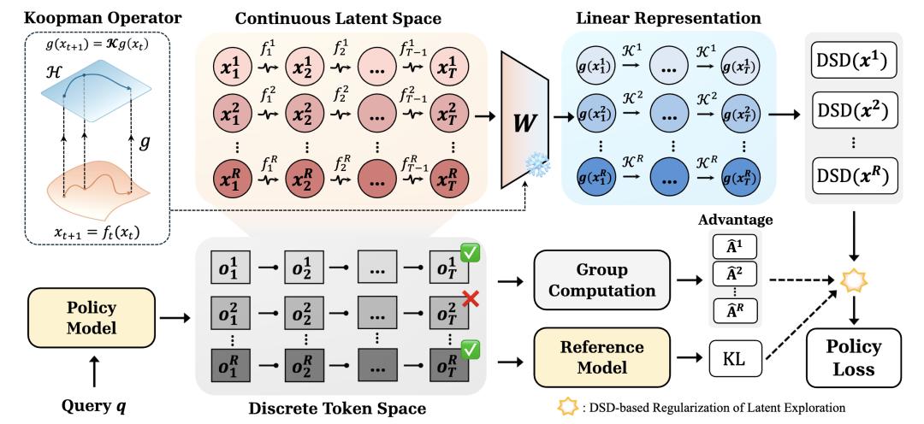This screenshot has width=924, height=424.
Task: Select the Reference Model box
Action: coord(602,357)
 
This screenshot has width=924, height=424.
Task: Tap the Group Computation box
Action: coord(602,280)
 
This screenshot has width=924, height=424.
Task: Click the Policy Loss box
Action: coord(854,357)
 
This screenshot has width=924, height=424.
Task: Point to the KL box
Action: coord(737,357)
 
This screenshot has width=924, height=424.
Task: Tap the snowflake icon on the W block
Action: coord(536,167)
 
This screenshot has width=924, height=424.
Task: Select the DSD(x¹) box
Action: coord(853,60)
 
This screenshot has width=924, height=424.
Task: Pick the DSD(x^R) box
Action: coord(853,175)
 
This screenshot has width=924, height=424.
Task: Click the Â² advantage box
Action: coord(734,274)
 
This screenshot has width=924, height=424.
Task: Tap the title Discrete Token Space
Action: coord(338,408)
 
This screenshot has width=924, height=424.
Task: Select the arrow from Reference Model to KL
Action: coord(690,357)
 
